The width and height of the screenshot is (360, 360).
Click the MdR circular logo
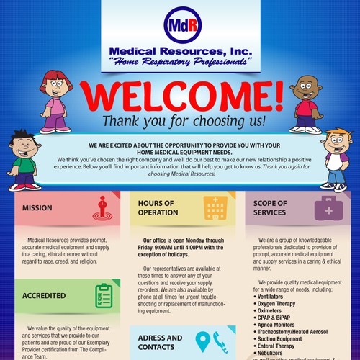[179, 23]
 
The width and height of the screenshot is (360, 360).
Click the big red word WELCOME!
[180, 96]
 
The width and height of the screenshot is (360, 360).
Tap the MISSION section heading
[37, 208]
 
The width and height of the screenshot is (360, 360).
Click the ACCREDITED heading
[44, 295]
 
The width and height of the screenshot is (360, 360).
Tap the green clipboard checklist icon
[103, 294]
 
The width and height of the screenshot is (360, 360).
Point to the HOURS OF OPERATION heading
[158, 208]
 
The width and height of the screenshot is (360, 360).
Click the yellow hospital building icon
[215, 208]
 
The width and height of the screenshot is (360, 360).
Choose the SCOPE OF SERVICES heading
[270, 208]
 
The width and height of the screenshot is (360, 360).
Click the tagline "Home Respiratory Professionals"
[180, 63]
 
